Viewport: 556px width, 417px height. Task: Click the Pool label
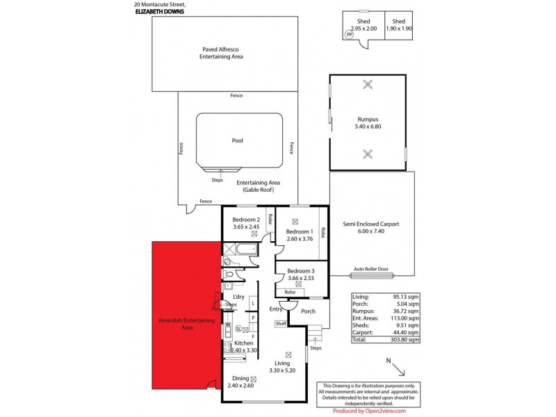tap(237, 140)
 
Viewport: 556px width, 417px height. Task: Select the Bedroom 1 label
tap(300, 231)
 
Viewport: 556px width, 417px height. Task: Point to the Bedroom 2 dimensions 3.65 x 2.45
tap(245, 227)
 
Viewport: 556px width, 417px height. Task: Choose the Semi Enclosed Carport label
tap(370, 224)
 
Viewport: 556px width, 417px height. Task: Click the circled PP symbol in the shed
tap(349, 34)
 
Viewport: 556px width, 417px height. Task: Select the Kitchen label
tap(243, 343)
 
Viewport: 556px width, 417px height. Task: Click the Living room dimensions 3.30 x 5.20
tap(282, 370)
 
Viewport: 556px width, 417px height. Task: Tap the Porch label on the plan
tap(308, 311)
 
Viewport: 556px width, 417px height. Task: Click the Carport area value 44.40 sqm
tap(405, 333)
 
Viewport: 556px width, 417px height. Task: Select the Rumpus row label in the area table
tap(364, 311)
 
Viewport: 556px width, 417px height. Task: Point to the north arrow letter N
tap(391, 361)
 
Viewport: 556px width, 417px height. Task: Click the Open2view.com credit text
tap(376, 411)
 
